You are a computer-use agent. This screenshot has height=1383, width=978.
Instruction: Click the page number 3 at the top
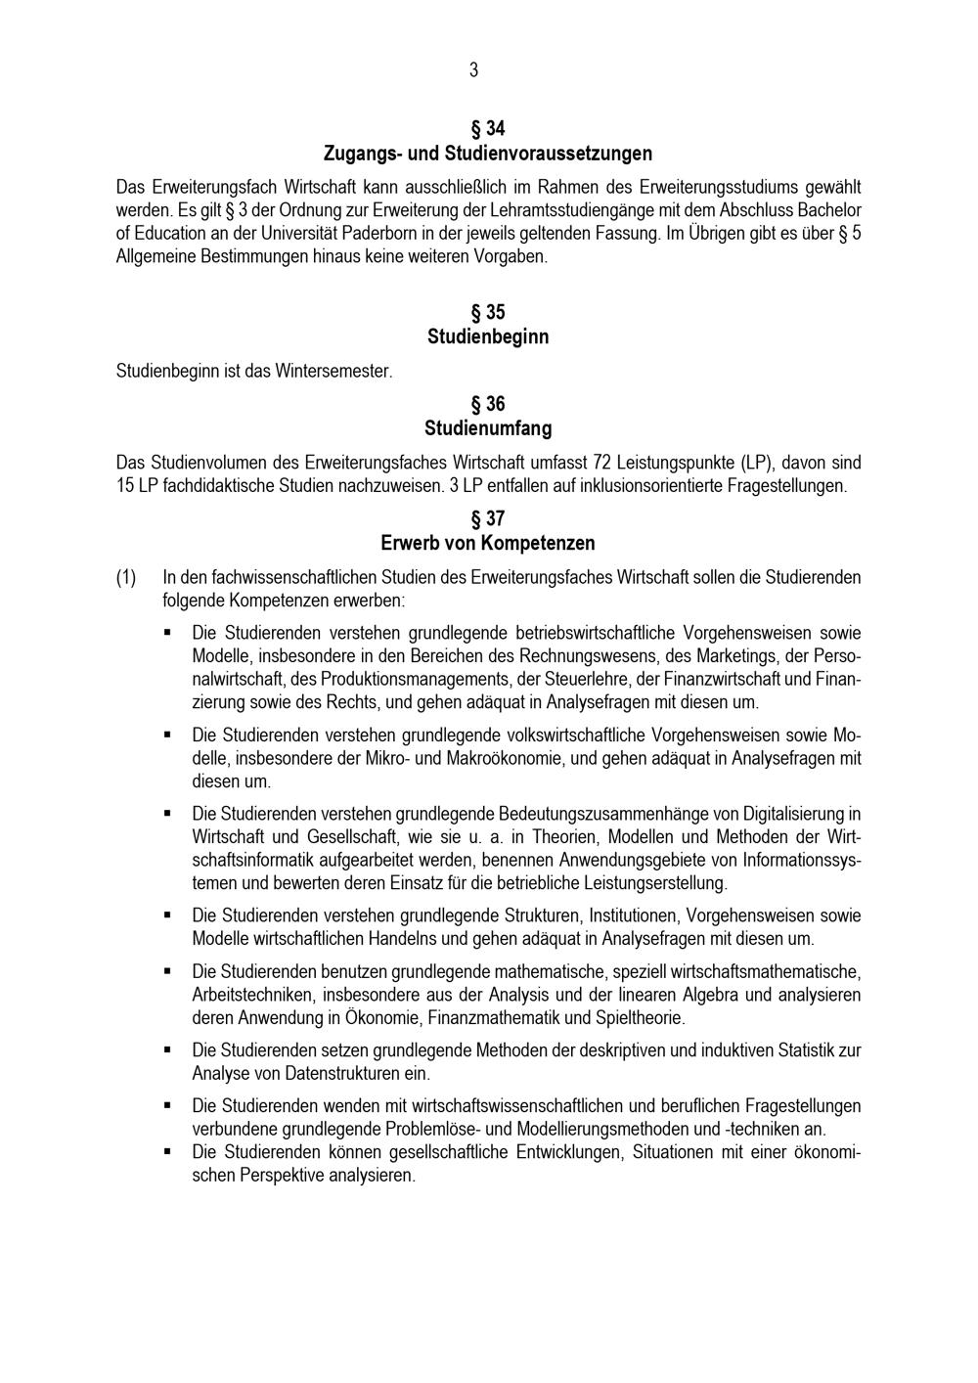pos(474,69)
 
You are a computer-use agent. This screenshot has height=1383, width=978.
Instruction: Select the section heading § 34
pos(488,128)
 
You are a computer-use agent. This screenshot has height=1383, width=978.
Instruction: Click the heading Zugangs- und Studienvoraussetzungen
pos(488,154)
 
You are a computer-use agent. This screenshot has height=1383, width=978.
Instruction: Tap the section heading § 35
pos(488,313)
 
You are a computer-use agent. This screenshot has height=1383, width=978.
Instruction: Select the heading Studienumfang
pos(488,428)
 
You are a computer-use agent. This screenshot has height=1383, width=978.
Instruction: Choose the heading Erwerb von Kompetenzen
pos(488,543)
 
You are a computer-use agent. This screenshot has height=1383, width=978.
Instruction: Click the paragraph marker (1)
pos(127,577)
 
